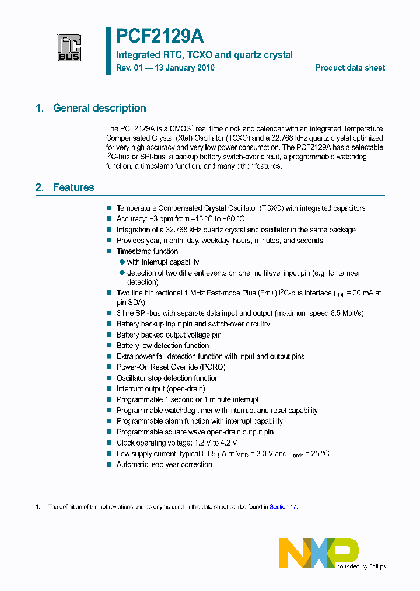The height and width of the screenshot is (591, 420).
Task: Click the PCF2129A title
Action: [x=160, y=37]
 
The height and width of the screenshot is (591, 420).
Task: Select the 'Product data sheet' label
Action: [x=350, y=68]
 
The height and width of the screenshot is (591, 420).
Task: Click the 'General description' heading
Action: [x=99, y=108]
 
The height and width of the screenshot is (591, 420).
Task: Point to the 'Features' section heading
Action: [x=73, y=187]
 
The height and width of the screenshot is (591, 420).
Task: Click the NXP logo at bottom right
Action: [x=318, y=552]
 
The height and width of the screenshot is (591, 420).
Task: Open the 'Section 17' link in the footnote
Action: [x=283, y=507]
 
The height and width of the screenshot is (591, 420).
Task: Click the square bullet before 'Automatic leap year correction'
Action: [x=108, y=465]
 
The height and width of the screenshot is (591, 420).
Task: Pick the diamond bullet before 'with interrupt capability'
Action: [x=122, y=262]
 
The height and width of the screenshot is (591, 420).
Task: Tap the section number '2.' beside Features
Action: [x=40, y=187]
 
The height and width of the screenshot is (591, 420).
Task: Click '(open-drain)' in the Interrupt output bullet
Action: [x=185, y=389]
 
